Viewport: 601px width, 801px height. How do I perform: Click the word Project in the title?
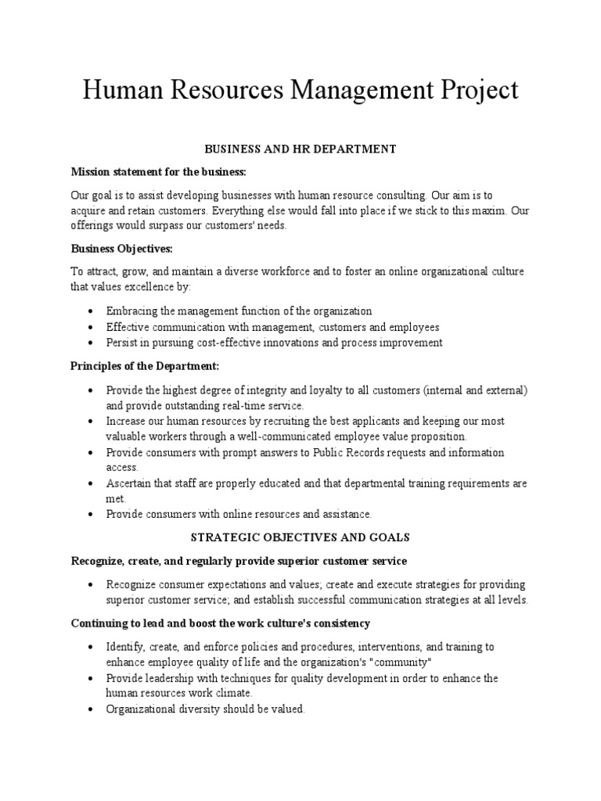click(x=475, y=91)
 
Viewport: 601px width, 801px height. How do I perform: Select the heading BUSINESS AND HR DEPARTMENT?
click(x=300, y=149)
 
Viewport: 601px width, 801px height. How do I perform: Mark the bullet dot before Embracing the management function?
click(x=92, y=311)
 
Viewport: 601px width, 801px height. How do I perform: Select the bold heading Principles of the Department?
click(x=146, y=366)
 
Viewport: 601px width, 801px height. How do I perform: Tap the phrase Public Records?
click(x=350, y=452)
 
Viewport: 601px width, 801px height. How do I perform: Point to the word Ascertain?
click(x=131, y=483)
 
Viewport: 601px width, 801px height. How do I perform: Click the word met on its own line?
click(x=115, y=498)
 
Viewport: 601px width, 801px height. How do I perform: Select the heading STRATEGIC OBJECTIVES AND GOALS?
click(x=300, y=537)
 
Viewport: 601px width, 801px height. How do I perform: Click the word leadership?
click(x=179, y=678)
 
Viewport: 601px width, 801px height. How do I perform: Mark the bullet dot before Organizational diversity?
click(x=92, y=709)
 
